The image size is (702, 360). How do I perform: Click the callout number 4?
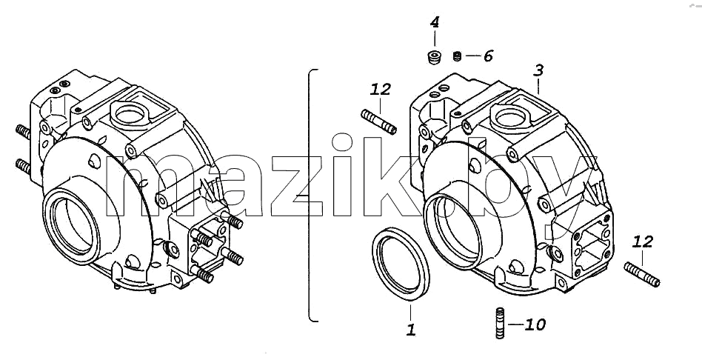pos(435,22)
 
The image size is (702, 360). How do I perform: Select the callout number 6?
pos(488,56)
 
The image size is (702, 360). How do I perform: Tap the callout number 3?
pos(538,70)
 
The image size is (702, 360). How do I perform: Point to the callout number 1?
pos(411,330)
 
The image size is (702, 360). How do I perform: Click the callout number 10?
pos(535,324)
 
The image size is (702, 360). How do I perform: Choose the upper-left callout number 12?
pos(381,89)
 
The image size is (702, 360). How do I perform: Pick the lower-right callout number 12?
pos(643,242)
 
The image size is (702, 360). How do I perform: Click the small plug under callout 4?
pos(434,57)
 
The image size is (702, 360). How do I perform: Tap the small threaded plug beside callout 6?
pos(457,56)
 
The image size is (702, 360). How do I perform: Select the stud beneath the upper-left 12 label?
pos(378,121)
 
